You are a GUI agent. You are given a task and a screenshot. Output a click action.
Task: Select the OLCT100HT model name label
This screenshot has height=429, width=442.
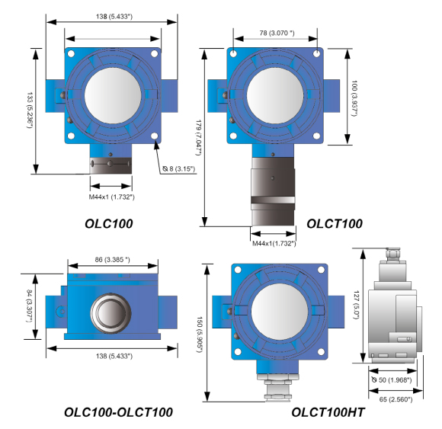point(328,412)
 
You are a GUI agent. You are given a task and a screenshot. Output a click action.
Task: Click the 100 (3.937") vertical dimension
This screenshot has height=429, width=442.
point(354,95)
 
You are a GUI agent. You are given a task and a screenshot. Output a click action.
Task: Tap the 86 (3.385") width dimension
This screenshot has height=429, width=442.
point(112,261)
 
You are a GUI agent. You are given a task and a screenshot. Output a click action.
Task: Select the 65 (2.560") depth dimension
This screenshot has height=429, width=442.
point(396,399)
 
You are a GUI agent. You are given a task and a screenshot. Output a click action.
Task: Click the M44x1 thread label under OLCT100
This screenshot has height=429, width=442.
point(274,243)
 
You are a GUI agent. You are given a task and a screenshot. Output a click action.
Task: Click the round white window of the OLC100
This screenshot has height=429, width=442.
point(112,95)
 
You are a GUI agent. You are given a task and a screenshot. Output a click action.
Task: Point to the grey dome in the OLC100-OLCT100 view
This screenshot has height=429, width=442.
point(112,312)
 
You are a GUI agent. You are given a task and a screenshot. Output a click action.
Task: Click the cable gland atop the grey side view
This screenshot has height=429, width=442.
point(393,256)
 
